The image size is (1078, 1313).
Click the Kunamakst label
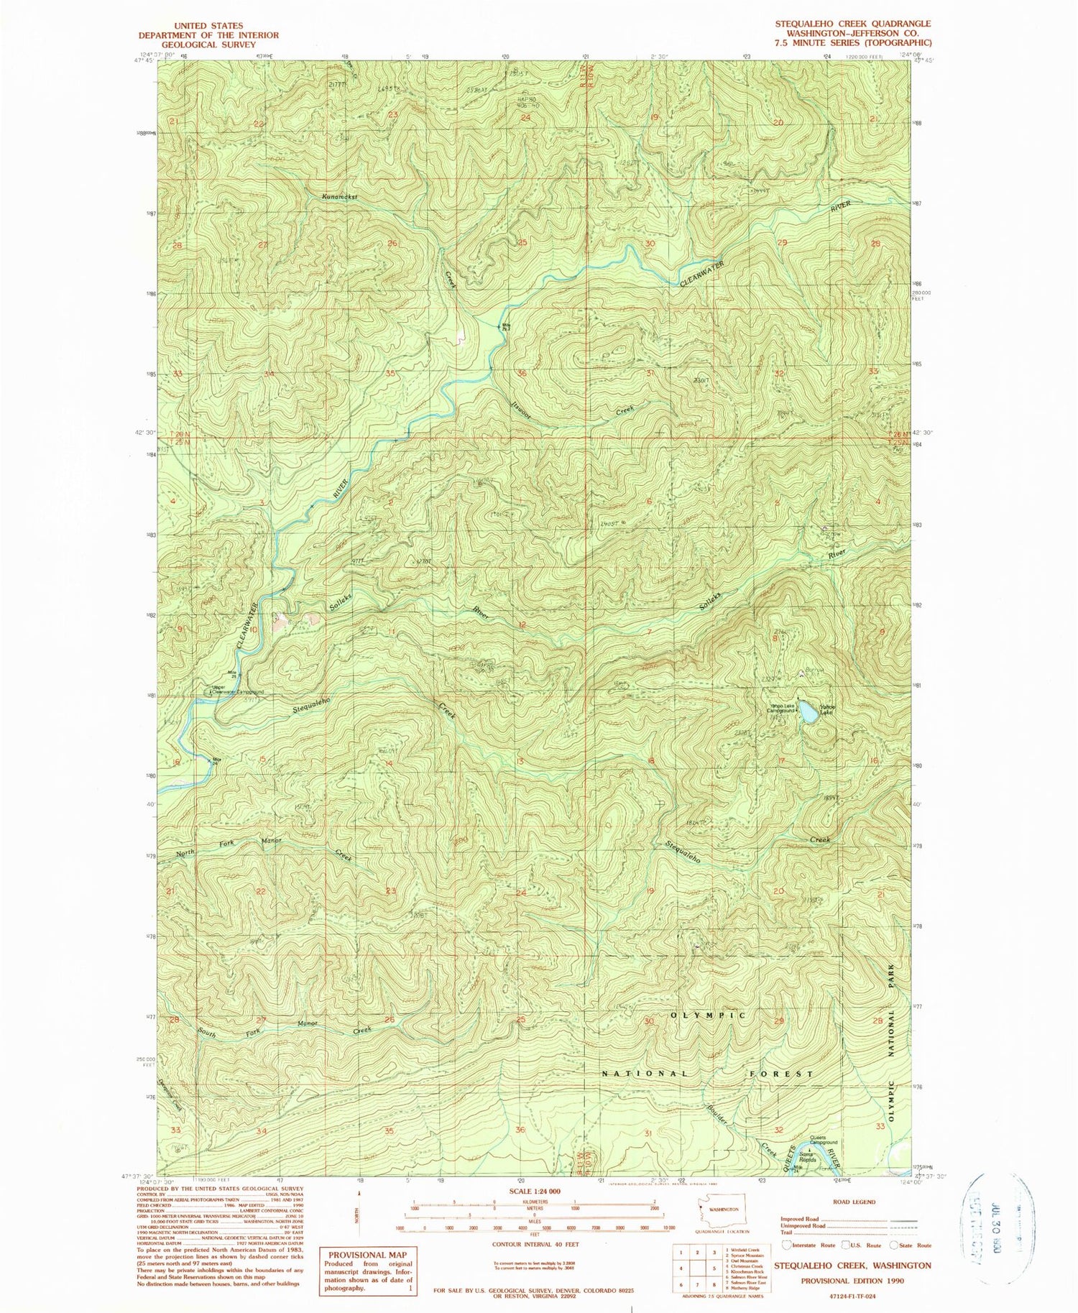pos(340,196)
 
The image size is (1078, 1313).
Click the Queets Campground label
pos(824,1141)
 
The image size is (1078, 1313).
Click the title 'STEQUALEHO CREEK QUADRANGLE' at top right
pos(852,24)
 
